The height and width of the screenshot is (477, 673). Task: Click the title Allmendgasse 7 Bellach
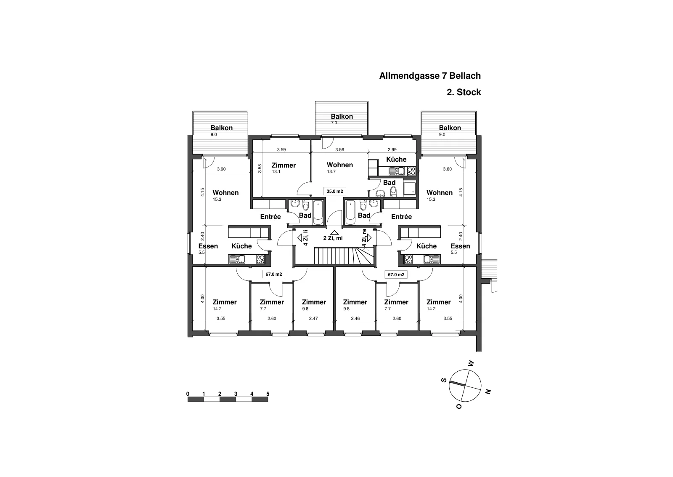tap(430, 76)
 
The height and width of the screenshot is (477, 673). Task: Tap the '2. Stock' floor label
tap(464, 92)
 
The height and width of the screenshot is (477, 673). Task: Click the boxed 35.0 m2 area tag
tap(335, 191)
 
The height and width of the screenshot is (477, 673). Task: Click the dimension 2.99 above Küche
tap(392, 149)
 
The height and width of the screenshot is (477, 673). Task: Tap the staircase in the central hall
tap(344, 256)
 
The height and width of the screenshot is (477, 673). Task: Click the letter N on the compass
tap(488, 392)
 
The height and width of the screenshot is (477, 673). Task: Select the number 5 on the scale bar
tap(268, 394)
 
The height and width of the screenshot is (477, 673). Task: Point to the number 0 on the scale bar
tap(188, 394)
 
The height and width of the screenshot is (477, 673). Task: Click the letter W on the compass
tap(471, 363)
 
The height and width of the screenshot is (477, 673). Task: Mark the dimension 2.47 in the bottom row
tap(313, 319)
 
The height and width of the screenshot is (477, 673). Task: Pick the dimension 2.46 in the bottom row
tap(355, 319)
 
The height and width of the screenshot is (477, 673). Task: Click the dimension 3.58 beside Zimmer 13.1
tap(260, 168)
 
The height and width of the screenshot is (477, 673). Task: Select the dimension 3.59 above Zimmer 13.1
tap(281, 149)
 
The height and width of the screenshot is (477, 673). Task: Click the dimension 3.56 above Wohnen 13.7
tap(339, 149)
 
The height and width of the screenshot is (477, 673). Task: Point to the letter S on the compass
tap(443, 380)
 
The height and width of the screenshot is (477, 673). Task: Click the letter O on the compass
tap(459, 406)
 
